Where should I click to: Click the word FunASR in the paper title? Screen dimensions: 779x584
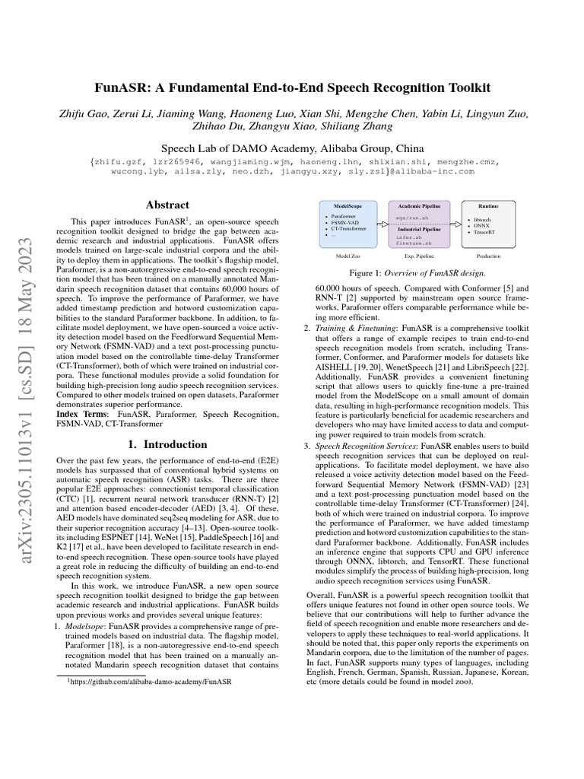click(x=120, y=88)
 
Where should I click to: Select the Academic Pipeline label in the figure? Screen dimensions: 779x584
click(x=419, y=206)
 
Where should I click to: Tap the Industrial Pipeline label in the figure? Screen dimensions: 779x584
click(x=419, y=228)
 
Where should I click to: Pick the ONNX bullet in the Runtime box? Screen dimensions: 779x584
click(x=481, y=226)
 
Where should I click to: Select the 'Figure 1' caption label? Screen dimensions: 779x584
click(x=367, y=273)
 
